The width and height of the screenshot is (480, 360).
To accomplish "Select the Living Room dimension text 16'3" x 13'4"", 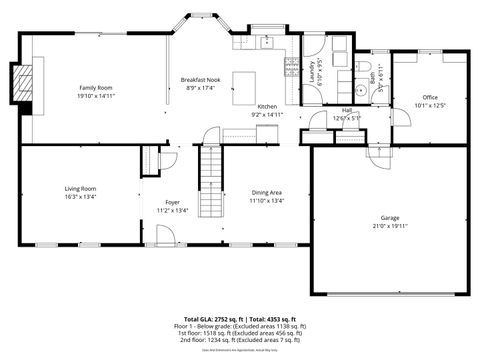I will pyautogui.click(x=80, y=197).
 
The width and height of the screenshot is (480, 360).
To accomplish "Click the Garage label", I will pyautogui.click(x=389, y=217).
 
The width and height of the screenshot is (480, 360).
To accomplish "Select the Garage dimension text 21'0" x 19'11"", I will pyautogui.click(x=389, y=226).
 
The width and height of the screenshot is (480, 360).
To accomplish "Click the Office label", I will pyautogui.click(x=430, y=97).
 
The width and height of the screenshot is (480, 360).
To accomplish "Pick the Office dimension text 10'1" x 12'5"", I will pyautogui.click(x=430, y=105).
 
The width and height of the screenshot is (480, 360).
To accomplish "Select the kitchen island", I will pyautogui.click(x=245, y=81).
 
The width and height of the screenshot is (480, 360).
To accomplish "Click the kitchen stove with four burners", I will pyautogui.click(x=291, y=68).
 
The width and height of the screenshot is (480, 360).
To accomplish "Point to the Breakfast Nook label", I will pyautogui.click(x=200, y=79).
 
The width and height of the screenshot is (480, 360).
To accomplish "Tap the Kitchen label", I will pyautogui.click(x=267, y=106).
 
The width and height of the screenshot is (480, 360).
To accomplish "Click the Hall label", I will pyautogui.click(x=346, y=110).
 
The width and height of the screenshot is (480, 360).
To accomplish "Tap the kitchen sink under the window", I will pyautogui.click(x=268, y=43).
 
